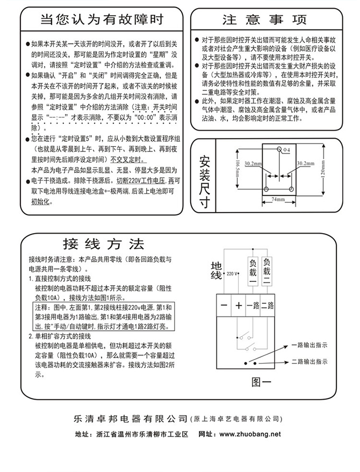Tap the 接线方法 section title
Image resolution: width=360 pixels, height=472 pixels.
pos(103,245)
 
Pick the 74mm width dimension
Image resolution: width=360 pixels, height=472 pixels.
pos(278,199)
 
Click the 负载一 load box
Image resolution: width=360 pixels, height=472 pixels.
pos(253,271)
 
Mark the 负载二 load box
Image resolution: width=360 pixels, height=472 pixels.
pos(267,271)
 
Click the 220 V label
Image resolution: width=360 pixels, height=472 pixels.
pos(231,274)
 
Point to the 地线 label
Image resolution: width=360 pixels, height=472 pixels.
pos(215,270)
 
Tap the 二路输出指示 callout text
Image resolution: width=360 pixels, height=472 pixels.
pos(309,362)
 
